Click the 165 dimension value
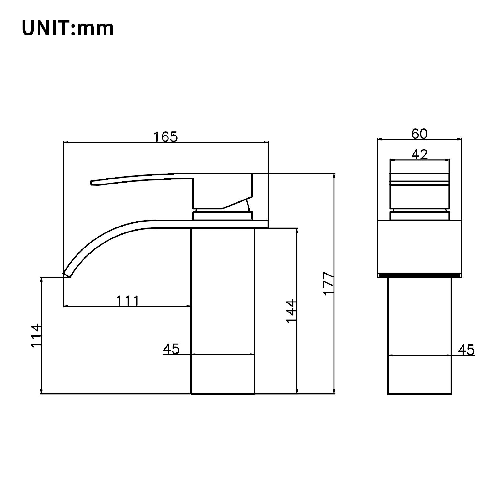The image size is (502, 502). (x=165, y=137)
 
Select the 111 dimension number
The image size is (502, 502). (x=128, y=301)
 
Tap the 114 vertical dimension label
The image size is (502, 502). (x=36, y=335)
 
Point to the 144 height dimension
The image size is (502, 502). (x=291, y=311)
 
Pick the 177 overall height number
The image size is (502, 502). (x=328, y=283)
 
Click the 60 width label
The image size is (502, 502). (x=419, y=134)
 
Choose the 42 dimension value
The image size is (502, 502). (x=419, y=155)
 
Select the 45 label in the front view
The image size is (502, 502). (x=466, y=350)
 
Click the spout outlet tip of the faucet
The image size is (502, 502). (x=66, y=275)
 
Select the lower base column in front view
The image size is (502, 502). (x=419, y=336)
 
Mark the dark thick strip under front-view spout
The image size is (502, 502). (x=419, y=276)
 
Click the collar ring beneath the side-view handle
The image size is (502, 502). (x=222, y=216)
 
